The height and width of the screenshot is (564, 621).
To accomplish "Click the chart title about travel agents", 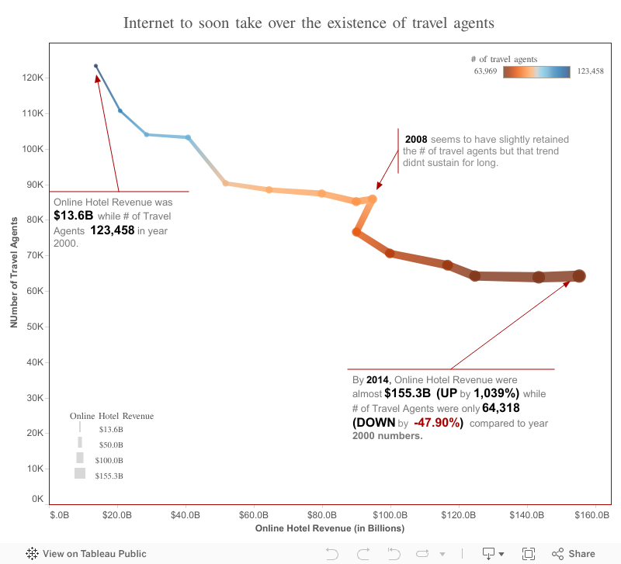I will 309,22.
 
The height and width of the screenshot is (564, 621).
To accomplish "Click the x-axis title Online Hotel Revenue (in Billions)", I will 330,529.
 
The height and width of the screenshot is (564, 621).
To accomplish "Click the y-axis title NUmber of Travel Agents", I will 14,272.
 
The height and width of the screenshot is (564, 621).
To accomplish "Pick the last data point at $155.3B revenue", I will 579,276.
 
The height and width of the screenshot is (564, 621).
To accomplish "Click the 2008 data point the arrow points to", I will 373,199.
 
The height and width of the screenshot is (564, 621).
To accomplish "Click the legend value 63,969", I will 485,71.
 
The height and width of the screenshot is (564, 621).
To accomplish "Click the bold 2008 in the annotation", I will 416,140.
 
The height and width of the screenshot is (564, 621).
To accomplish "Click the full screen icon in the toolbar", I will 529,554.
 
